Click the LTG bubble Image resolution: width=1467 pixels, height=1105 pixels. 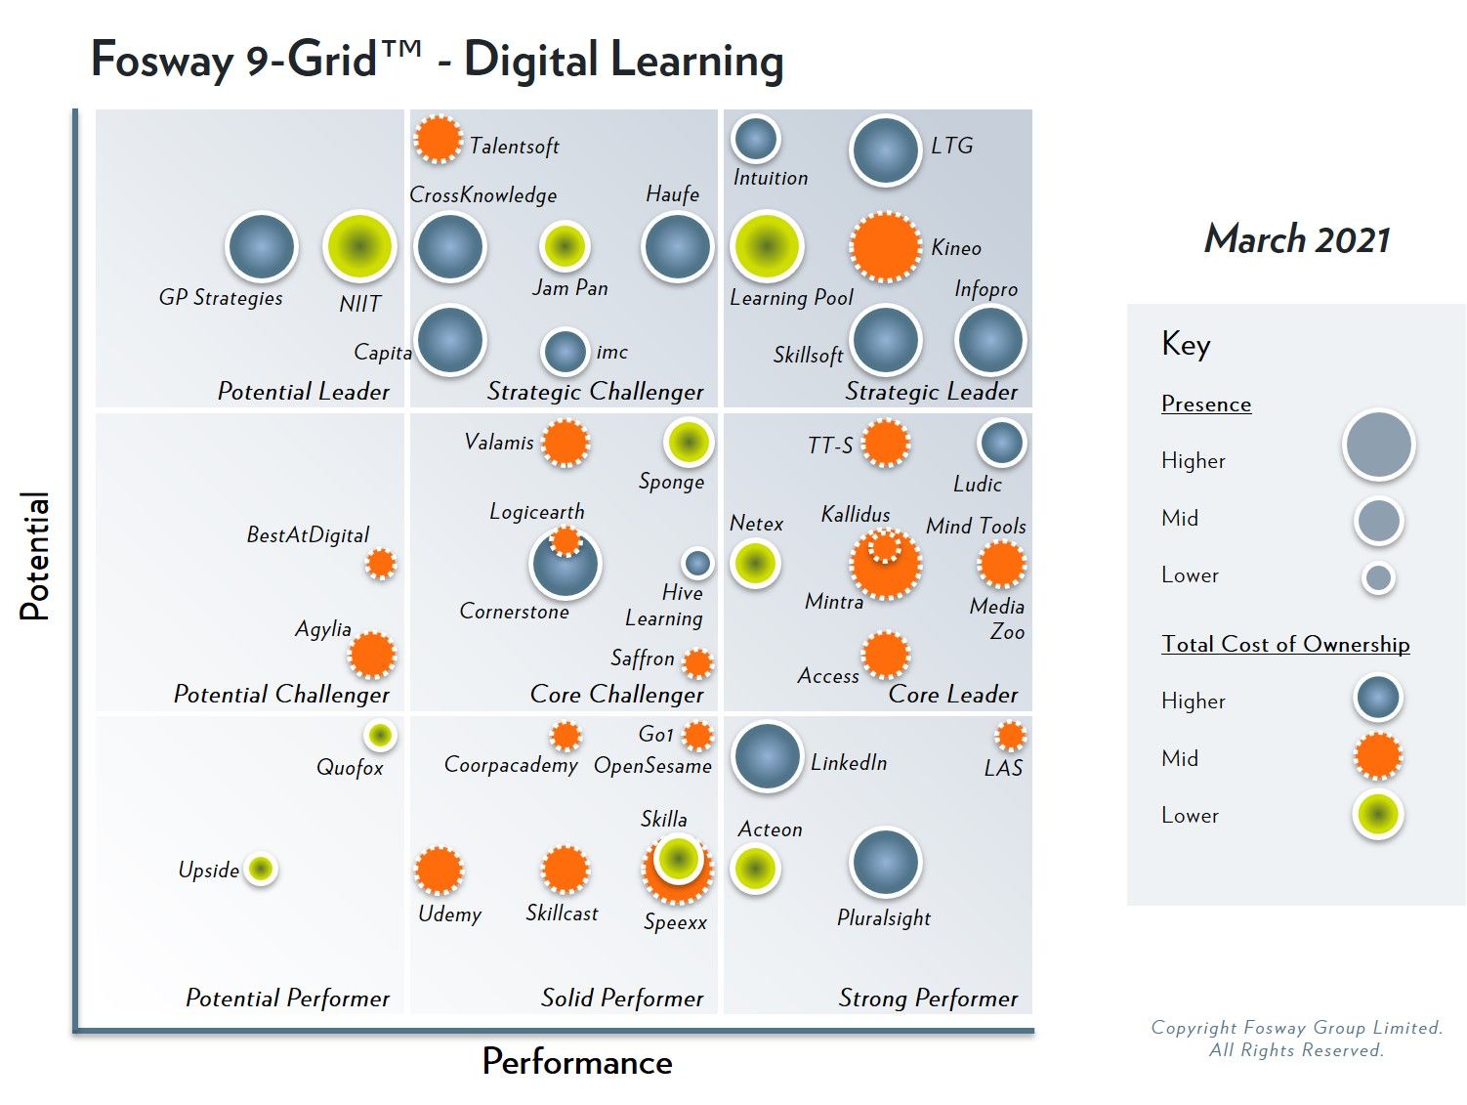point(885,151)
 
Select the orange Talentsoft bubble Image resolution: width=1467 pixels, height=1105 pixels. point(438,139)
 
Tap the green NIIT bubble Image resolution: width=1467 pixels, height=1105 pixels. point(359,247)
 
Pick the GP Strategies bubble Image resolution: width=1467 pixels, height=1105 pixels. point(261,247)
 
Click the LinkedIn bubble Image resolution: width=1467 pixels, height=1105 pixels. point(767,756)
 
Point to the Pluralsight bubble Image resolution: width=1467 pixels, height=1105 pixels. point(885,863)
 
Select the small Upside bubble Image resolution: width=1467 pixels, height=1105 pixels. point(261,868)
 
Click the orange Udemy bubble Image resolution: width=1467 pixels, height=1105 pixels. point(439,870)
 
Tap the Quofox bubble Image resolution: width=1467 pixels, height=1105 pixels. point(380,735)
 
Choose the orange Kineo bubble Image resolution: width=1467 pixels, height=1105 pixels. point(885,247)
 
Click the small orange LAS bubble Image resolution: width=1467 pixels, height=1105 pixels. point(1010,736)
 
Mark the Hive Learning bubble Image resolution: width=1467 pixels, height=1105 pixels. point(697,563)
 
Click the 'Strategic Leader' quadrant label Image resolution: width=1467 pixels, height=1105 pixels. point(931,392)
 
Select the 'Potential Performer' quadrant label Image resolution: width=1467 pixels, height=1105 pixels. point(287,998)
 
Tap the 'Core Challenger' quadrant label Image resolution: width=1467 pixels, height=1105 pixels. point(616,695)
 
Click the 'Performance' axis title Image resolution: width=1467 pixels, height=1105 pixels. point(577,1062)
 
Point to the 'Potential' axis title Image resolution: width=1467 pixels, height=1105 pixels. point(35,556)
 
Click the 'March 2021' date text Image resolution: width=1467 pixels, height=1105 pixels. point(1296,239)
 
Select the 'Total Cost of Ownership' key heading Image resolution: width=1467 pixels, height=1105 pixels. point(1285,644)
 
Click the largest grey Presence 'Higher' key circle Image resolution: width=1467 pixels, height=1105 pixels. point(1378,445)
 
